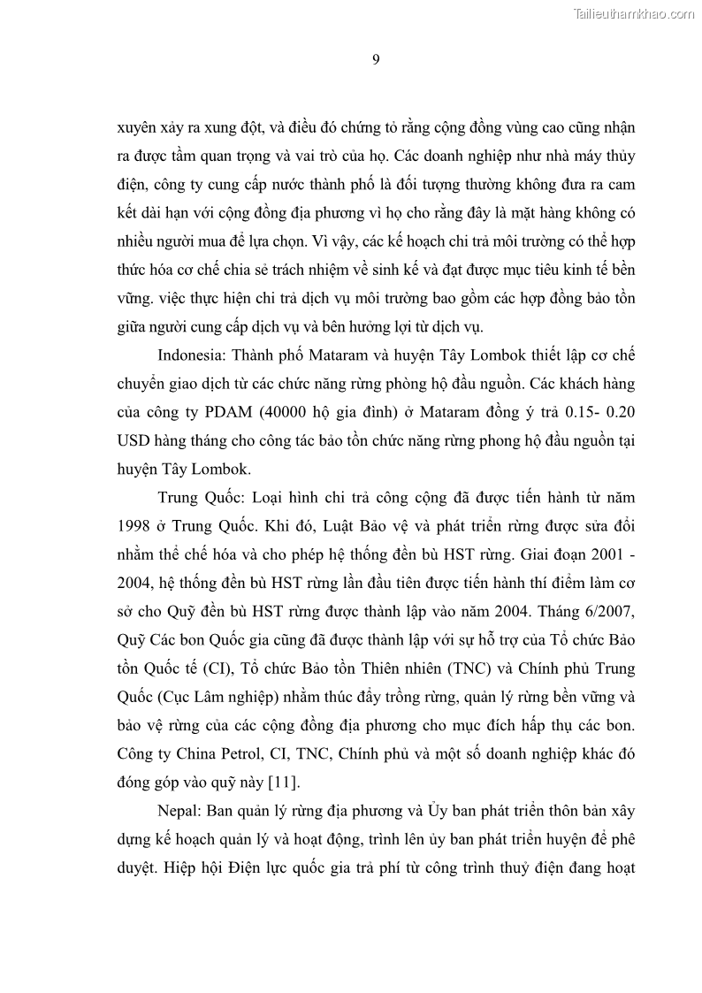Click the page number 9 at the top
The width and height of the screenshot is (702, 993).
(376, 59)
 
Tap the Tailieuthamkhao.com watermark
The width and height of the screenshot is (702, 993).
(635, 13)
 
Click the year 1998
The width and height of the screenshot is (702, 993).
(135, 526)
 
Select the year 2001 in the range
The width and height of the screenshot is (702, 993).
(610, 554)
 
